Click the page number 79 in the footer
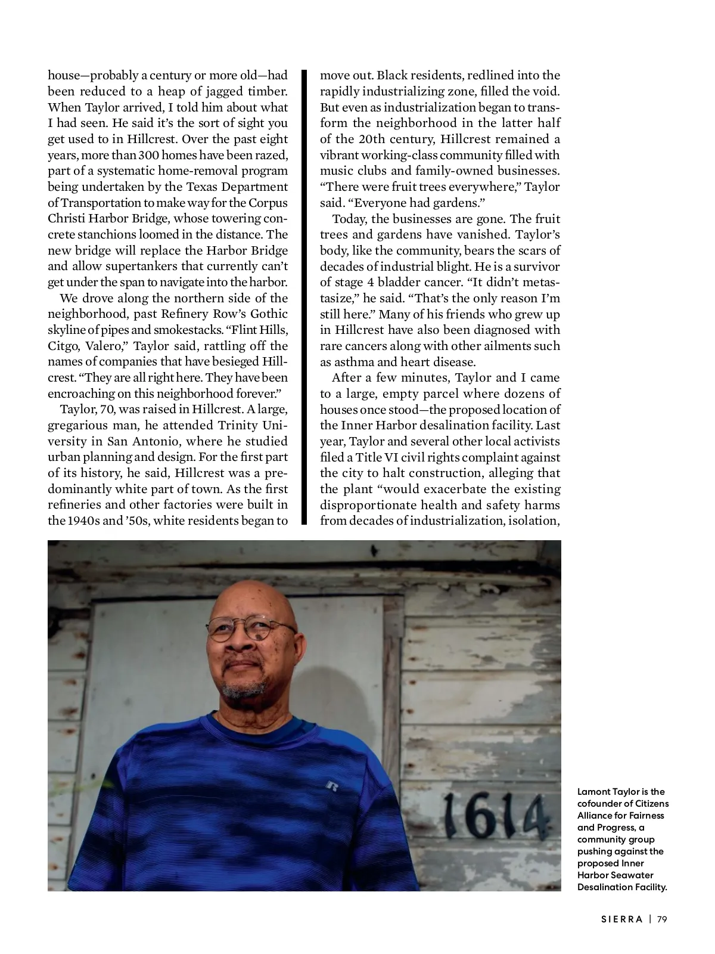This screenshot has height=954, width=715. [x=662, y=919]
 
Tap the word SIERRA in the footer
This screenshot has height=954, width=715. [x=621, y=919]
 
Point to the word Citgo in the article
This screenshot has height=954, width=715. [x=60, y=346]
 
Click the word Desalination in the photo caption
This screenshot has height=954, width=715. [x=603, y=887]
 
